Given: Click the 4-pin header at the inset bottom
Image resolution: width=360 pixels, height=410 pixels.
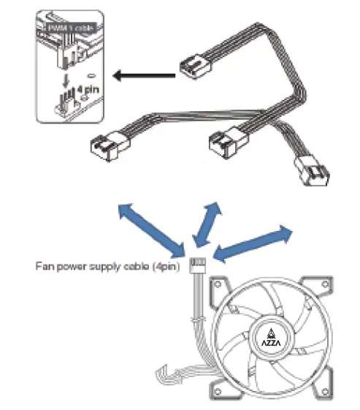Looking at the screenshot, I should point(68,106).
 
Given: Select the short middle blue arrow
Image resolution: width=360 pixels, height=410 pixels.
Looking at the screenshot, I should point(205,227).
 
